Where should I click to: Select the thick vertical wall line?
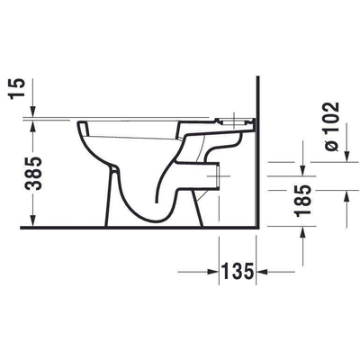click(x=258, y=162)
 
